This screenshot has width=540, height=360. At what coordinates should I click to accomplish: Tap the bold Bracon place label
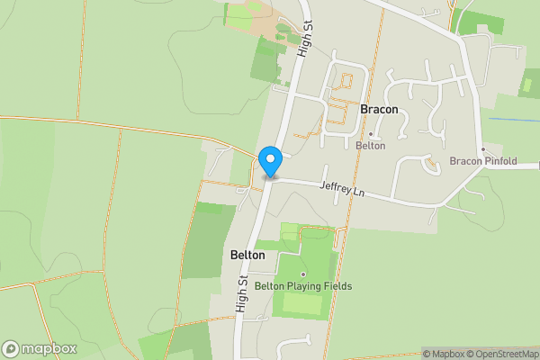click(x=379, y=109)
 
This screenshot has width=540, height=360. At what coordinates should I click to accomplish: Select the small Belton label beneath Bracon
click(x=370, y=145)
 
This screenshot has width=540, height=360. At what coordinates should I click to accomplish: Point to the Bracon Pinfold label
click(x=483, y=161)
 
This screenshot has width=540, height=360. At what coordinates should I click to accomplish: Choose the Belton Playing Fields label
click(x=303, y=286)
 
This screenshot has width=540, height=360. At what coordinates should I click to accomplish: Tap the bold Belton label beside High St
click(x=247, y=255)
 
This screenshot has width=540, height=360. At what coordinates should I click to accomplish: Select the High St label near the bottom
click(x=242, y=295)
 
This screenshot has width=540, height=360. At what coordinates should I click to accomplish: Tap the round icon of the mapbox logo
click(x=11, y=349)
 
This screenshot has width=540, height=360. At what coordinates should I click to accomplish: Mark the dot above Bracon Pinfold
click(x=483, y=148)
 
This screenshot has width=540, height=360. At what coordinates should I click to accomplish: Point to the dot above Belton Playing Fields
click(x=303, y=274)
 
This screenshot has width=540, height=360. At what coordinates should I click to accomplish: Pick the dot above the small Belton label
click(x=370, y=133)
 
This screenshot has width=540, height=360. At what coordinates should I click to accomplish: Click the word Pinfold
click(x=500, y=161)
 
